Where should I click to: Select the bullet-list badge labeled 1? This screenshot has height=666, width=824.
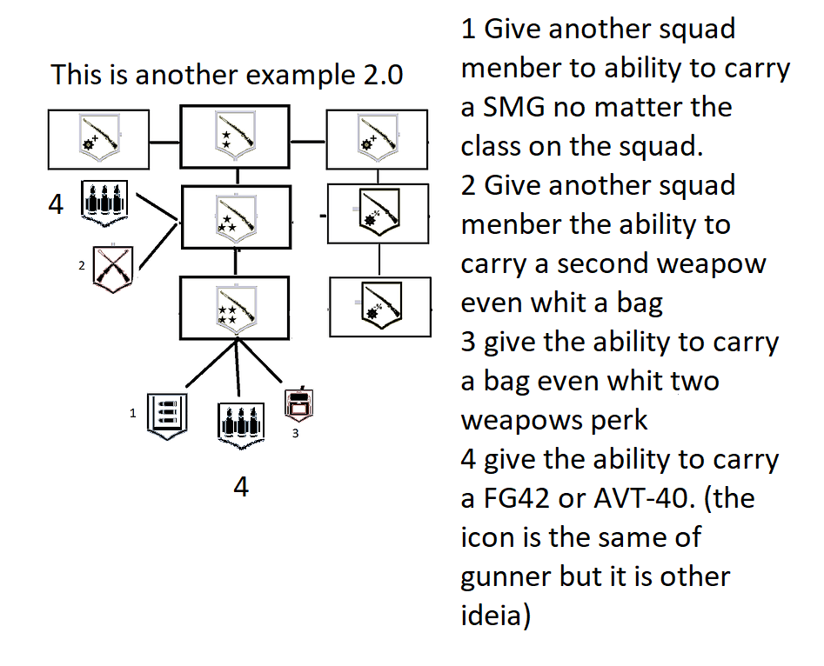point(164,415)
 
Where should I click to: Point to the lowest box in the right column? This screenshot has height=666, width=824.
point(379,306)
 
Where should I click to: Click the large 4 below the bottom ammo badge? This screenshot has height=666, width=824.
point(241,487)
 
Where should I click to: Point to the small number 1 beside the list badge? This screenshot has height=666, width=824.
point(133,414)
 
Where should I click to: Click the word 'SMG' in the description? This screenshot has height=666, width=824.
point(512,107)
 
